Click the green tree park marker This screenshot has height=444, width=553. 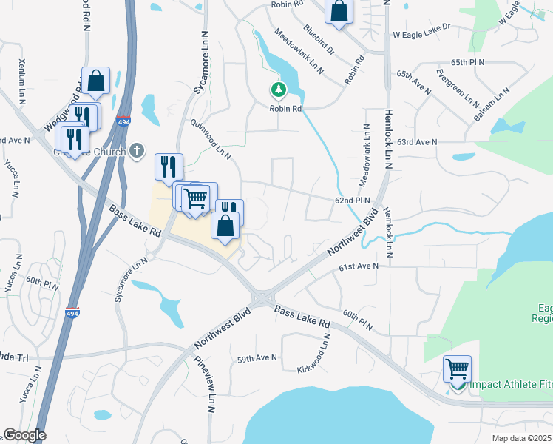tap(278, 91)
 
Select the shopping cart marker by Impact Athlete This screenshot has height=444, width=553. tap(458, 369)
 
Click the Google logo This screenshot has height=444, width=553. tap(24, 435)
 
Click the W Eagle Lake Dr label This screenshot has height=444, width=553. tap(421, 35)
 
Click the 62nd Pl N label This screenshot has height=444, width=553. tap(351, 200)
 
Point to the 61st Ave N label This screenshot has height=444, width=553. tap(359, 266)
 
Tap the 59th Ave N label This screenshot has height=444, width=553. tap(257, 358)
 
